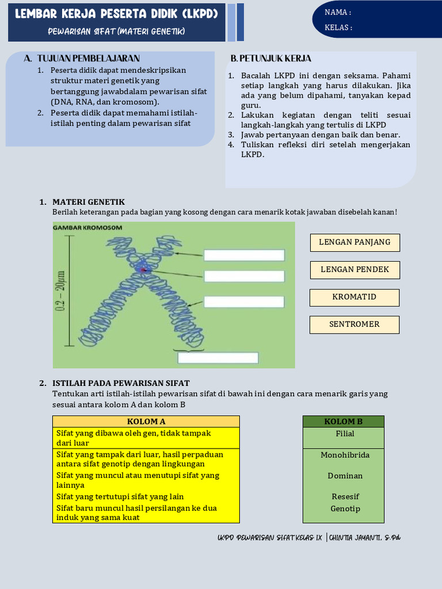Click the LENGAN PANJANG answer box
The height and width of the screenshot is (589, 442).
click(355, 242)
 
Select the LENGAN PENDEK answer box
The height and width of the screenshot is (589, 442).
click(355, 270)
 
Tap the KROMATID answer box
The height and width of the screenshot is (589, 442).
click(355, 297)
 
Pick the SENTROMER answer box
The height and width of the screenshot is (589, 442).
click(355, 324)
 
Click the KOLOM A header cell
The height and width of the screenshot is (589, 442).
click(146, 422)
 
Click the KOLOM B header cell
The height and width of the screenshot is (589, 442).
click(344, 422)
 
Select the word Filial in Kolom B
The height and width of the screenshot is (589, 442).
click(345, 434)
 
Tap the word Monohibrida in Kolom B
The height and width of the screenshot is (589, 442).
click(345, 455)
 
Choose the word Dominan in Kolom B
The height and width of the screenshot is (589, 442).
click(345, 476)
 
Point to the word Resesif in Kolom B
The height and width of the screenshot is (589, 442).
click(345, 496)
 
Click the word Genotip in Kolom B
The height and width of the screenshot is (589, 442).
click(345, 508)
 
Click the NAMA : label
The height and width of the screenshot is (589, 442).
click(338, 12)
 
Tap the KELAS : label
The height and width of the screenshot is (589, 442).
click(338, 27)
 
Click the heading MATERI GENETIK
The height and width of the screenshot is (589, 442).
click(89, 202)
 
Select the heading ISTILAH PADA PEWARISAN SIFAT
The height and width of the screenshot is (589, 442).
click(121, 383)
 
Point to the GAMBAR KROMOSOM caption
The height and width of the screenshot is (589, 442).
click(87, 228)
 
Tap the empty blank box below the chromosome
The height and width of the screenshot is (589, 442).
click(218, 358)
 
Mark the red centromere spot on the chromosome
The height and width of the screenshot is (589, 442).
click(144, 269)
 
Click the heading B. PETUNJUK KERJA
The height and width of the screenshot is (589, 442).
click(270, 59)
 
